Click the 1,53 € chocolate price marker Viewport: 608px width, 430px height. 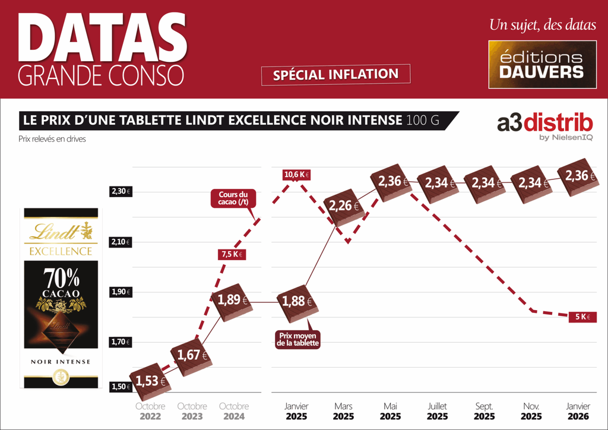tap(149, 381)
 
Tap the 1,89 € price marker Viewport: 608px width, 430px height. tap(233, 300)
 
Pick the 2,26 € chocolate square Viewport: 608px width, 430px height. tap(344, 207)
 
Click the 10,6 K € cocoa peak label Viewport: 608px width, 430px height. tap(297, 175)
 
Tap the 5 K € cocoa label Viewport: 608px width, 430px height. tap(582, 317)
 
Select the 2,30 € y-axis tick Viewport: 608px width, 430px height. tap(121, 191)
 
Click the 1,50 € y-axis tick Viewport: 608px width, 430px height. tap(121, 387)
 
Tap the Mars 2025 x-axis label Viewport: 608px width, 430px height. tap(343, 411)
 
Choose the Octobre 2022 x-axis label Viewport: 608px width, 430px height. tap(150, 411)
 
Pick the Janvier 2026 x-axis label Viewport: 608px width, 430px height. tap(578, 411)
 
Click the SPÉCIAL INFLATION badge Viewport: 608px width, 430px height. tap(335, 75)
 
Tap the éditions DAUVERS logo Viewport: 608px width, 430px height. tap(541, 64)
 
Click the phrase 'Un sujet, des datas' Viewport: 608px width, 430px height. tap(542, 26)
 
